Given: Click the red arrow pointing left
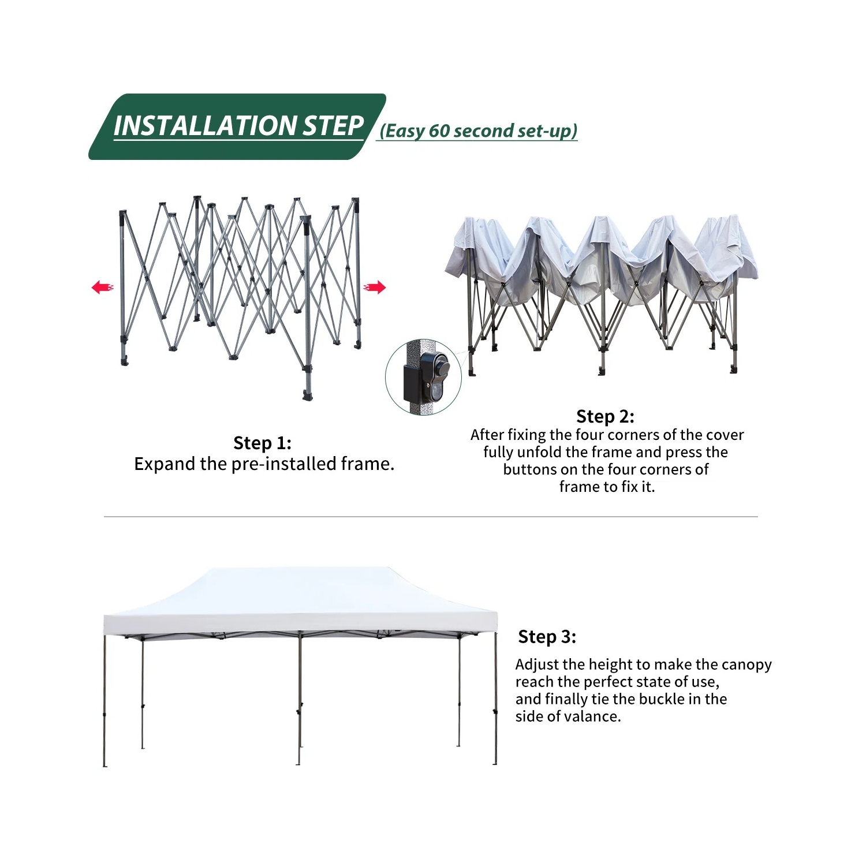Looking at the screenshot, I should click(x=102, y=287).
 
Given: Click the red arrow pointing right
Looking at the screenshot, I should click(x=374, y=287).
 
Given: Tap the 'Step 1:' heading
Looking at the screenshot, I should click(x=262, y=443).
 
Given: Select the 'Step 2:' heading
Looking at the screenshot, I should click(x=605, y=416).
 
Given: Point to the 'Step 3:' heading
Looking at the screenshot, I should click(x=547, y=636).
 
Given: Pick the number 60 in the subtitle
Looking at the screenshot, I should click(x=439, y=131).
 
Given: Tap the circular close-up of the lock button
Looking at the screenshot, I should click(x=423, y=377).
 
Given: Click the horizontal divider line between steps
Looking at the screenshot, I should click(x=431, y=517).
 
